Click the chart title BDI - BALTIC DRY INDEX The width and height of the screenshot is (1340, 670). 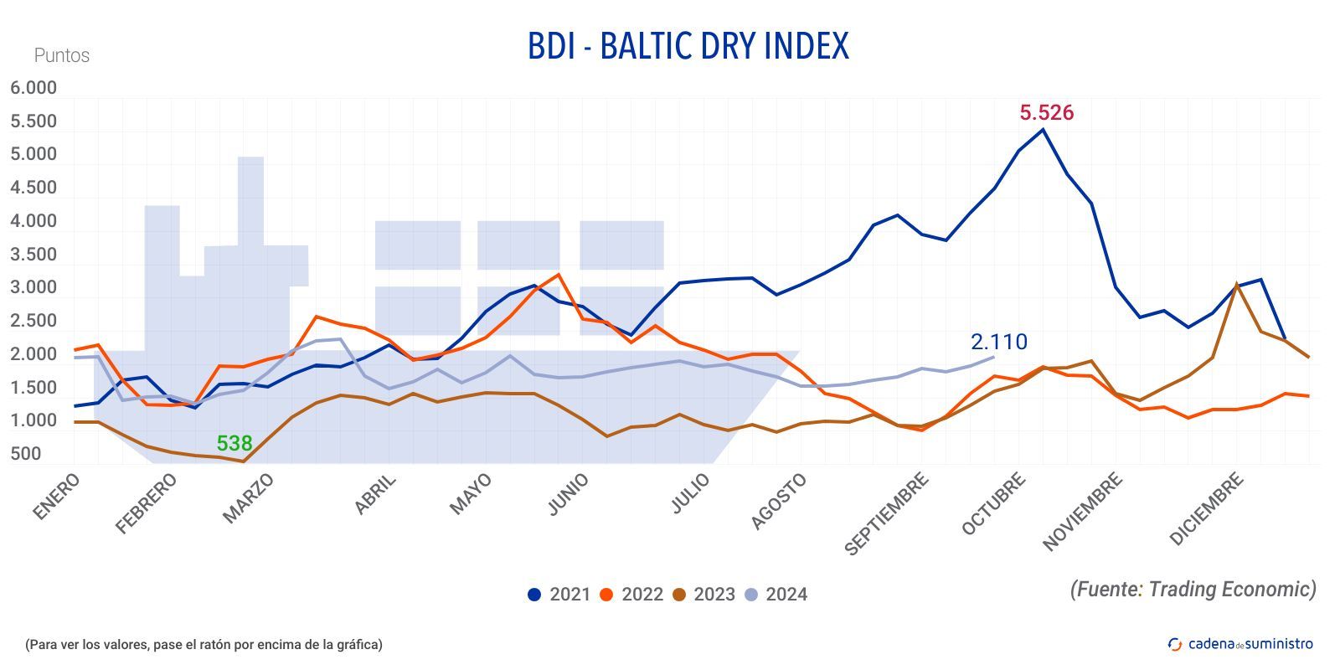[688, 46]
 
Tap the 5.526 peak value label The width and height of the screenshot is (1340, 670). [1046, 112]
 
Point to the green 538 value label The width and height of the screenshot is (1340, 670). [234, 443]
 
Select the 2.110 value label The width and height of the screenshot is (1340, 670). [998, 342]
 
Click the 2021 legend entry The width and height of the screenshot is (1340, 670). [559, 595]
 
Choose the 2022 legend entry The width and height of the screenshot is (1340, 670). [632, 595]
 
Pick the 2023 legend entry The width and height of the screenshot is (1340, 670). [704, 595]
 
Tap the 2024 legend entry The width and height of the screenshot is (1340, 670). [776, 595]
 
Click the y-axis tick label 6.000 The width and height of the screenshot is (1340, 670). [33, 88]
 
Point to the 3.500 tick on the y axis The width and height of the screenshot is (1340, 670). [33, 255]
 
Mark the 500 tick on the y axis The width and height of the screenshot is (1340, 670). [26, 454]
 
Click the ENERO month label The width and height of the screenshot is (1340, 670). [57, 496]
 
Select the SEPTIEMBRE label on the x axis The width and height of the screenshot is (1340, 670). [887, 513]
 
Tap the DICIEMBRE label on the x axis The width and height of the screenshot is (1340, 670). [1206, 509]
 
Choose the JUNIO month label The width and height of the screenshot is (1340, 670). [568, 494]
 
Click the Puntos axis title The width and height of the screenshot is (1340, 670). [61, 55]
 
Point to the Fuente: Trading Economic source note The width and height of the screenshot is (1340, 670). [1193, 589]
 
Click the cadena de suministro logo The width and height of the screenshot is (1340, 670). [1240, 643]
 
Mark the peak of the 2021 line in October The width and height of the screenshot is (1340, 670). [1043, 129]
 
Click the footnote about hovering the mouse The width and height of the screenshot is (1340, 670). [204, 644]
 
